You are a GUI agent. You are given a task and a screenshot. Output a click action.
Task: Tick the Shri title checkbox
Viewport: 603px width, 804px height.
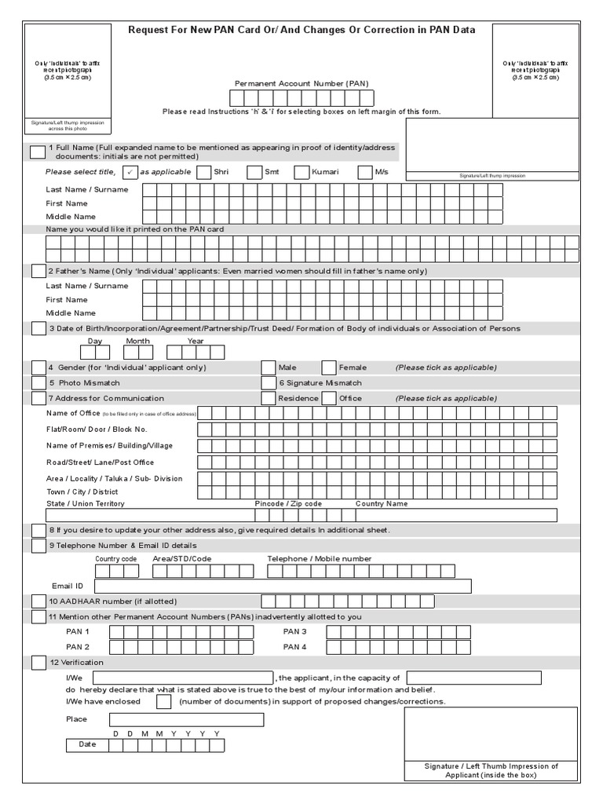(203, 172)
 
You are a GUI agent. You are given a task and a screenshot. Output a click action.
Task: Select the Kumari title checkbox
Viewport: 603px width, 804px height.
(302, 172)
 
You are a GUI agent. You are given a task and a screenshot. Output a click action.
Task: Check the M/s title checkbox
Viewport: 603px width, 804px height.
(365, 172)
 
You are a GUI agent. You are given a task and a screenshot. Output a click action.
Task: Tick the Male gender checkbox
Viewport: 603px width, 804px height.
(268, 367)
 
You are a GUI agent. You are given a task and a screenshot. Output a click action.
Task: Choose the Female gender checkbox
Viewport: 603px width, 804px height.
(329, 367)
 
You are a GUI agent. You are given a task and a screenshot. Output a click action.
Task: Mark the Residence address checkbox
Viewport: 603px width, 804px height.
(268, 398)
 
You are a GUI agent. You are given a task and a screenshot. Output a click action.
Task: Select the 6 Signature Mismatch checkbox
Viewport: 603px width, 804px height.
(268, 383)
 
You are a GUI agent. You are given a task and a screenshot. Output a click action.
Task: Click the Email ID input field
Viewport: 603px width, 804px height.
(283, 586)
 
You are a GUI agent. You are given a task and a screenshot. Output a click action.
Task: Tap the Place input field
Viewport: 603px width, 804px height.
(186, 719)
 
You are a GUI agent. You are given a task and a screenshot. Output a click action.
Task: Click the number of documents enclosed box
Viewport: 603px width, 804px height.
(163, 701)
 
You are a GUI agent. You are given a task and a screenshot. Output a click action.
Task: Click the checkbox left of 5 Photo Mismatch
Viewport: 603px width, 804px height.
(38, 383)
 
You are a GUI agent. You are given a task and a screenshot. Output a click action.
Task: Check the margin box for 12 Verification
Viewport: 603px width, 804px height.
(38, 663)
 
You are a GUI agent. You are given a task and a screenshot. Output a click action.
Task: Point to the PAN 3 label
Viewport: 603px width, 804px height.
(294, 631)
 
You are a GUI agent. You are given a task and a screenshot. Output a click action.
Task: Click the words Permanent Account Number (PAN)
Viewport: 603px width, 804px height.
(301, 83)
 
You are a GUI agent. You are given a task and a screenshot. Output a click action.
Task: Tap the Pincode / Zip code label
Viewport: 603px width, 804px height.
(288, 503)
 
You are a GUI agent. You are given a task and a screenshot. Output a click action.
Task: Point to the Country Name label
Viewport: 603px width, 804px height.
(382, 503)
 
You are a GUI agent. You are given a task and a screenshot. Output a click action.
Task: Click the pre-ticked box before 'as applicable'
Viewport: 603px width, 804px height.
(131, 172)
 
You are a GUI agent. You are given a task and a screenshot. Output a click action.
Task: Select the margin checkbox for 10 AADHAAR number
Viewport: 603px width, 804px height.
(38, 601)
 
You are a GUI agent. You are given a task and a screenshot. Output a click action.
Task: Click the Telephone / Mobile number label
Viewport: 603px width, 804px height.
(320, 559)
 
